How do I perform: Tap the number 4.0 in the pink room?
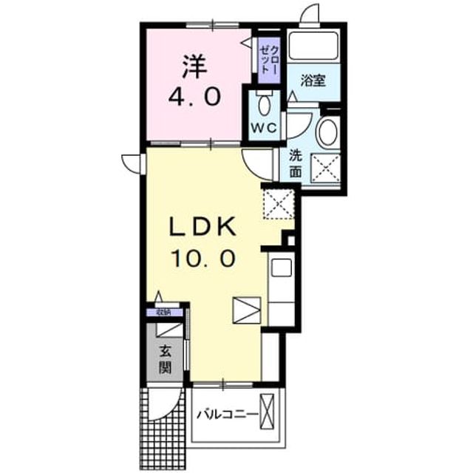pyautogui.click(x=194, y=97)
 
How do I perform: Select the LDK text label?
pyautogui.click(x=203, y=227)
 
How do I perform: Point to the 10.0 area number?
pyautogui.click(x=203, y=259)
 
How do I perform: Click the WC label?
pyautogui.click(x=265, y=129)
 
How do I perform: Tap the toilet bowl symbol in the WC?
pyautogui.click(x=265, y=103)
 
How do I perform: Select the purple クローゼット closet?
pyautogui.click(x=269, y=60)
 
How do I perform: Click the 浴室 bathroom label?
pyautogui.click(x=313, y=81)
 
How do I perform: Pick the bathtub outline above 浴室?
pyautogui.click(x=313, y=45)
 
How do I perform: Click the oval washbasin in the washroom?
pyautogui.click(x=328, y=132)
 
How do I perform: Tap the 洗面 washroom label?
pyautogui.click(x=296, y=164)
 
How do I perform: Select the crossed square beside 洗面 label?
pyautogui.click(x=325, y=169)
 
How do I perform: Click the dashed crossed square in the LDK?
pyautogui.click(x=279, y=204)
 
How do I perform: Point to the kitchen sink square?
pyautogui.click(x=282, y=268)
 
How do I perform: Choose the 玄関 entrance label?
pyautogui.click(x=166, y=360)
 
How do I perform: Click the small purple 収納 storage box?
pyautogui.click(x=165, y=312)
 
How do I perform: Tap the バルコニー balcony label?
pyautogui.click(x=228, y=415)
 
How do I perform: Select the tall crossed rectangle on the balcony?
pyautogui.click(x=267, y=412)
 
